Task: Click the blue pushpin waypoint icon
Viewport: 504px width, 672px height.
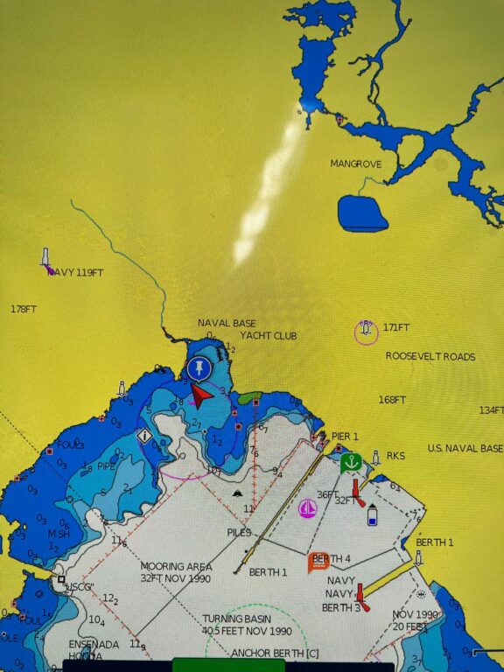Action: [200, 367]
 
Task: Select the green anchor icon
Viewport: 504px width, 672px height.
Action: [351, 461]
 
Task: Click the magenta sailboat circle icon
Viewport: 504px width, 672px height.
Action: [307, 508]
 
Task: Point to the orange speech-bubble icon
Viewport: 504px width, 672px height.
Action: [318, 562]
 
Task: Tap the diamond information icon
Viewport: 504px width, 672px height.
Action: [144, 435]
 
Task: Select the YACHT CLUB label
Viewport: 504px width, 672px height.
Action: [269, 336]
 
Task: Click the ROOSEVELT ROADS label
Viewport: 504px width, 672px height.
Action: [430, 357]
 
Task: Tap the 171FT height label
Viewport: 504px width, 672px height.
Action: [396, 327]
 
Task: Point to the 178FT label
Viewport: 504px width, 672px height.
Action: [24, 309]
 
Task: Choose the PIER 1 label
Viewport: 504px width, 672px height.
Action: [345, 436]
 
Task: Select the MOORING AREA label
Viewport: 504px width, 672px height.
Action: [175, 567]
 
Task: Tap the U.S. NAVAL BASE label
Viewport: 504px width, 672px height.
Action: [465, 448]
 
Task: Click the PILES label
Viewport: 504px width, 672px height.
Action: [239, 532]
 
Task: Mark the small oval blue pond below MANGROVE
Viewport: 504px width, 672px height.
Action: [362, 213]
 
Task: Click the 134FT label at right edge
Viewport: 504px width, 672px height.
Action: [491, 410]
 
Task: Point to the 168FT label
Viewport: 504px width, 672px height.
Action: [392, 400]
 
